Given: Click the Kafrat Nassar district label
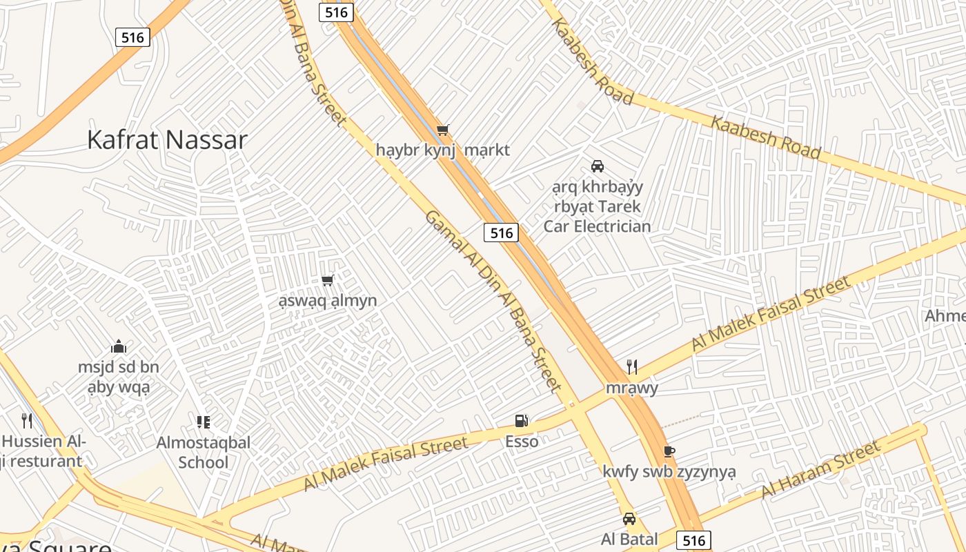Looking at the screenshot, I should pyautogui.click(x=167, y=139).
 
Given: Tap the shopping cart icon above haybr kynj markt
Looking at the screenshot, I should pyautogui.click(x=443, y=130).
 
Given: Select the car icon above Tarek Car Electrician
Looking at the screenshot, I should pyautogui.click(x=598, y=166).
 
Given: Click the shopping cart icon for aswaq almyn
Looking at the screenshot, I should pyautogui.click(x=328, y=280).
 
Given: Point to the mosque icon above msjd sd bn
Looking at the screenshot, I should pyautogui.click(x=119, y=346).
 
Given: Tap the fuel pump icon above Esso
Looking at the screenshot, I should pyautogui.click(x=522, y=421).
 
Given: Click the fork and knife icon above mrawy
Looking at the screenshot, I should pyautogui.click(x=631, y=367).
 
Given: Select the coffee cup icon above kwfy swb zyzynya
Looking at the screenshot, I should pyautogui.click(x=668, y=451).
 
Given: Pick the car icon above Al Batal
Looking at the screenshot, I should pyautogui.click(x=629, y=519).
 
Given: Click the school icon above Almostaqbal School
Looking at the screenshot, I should pyautogui.click(x=203, y=422).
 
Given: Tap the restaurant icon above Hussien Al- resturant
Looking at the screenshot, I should pyautogui.click(x=27, y=420).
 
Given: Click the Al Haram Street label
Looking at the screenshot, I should pyautogui.click(x=821, y=470).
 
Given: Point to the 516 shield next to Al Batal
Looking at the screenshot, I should pyautogui.click(x=693, y=540).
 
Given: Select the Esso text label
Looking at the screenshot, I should pyautogui.click(x=522, y=442).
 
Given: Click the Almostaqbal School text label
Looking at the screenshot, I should pyautogui.click(x=203, y=452).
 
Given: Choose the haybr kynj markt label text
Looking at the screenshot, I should pyautogui.click(x=443, y=150).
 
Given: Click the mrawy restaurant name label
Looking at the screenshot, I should pyautogui.click(x=631, y=388).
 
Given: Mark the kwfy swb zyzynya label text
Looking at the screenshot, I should pyautogui.click(x=669, y=472).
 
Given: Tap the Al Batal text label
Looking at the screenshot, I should pyautogui.click(x=629, y=539).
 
